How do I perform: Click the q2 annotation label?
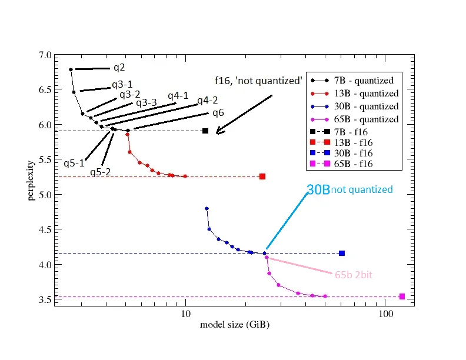click(x=119, y=68)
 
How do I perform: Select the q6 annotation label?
click(x=218, y=113)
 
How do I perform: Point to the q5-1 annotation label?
click(x=74, y=163)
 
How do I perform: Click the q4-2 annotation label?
click(x=207, y=101)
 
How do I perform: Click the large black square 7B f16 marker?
click(x=205, y=131)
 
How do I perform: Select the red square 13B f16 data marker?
click(x=262, y=176)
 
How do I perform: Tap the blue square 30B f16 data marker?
click(x=342, y=254)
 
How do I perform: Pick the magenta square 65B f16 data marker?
click(x=402, y=296)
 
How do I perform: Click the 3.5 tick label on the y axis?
click(x=44, y=300)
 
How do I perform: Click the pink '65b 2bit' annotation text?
click(x=353, y=275)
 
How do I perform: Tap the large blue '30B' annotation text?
click(x=318, y=190)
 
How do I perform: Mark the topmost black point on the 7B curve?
click(x=71, y=69)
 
